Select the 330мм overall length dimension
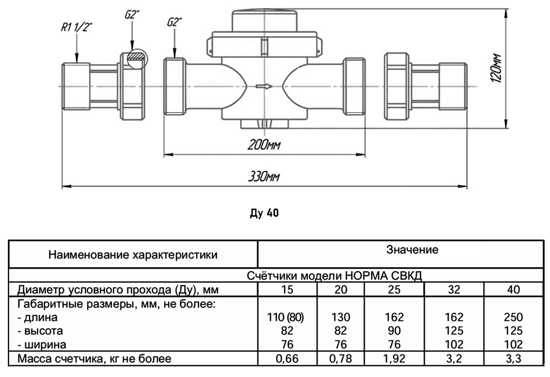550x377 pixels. click(264, 177)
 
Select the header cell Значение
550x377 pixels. click(412, 250)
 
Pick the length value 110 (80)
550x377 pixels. click(286, 317)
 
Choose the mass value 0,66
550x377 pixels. click(286, 359)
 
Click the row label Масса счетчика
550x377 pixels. click(94, 359)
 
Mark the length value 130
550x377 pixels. click(340, 317)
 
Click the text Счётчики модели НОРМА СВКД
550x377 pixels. click(334, 277)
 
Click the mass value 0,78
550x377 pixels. click(340, 359)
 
